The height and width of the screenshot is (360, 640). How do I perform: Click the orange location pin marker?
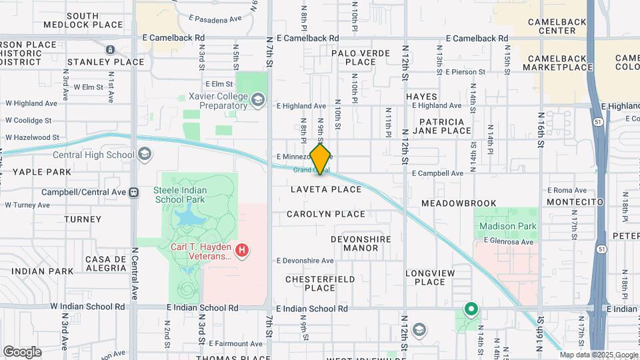coord(321,159)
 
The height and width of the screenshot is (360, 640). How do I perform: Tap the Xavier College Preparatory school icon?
coord(257,101)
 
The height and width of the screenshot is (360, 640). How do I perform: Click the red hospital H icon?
coord(243,251)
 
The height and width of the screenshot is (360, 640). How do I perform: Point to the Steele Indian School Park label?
coord(180,195)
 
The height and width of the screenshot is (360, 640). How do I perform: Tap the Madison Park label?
coord(508,226)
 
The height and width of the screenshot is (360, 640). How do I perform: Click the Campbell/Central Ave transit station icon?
coord(135,192)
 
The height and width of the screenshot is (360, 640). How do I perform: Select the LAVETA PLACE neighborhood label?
coord(326,189)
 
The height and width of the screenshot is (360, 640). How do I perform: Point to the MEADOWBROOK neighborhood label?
coord(459,203)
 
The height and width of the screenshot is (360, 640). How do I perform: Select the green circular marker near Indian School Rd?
coord(471,309)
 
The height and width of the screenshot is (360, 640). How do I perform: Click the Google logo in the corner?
coord(22,351)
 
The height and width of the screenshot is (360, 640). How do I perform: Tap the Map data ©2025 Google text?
coord(598,355)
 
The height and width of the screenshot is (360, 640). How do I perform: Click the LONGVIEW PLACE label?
coord(430,277)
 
